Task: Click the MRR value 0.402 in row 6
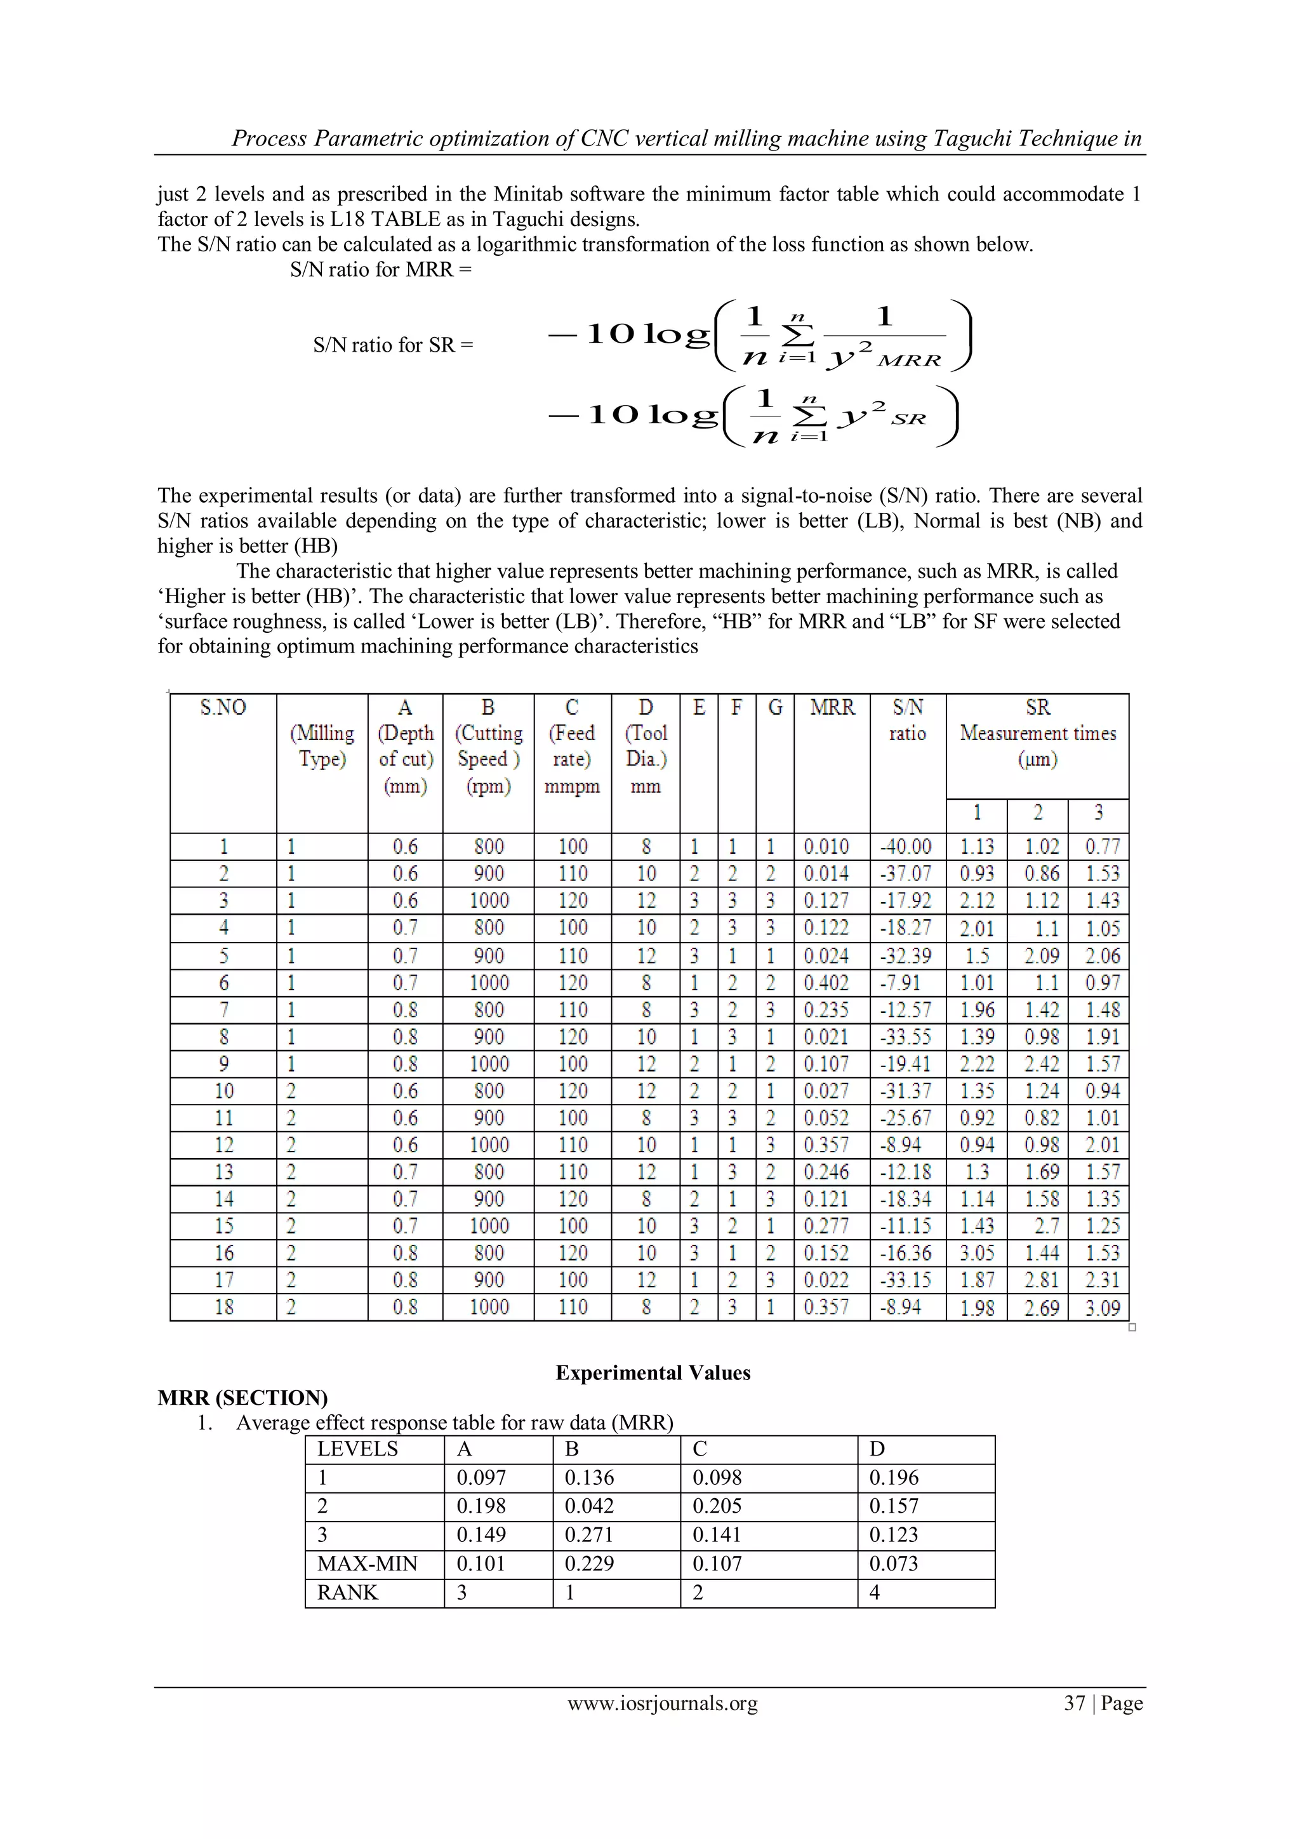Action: [826, 983]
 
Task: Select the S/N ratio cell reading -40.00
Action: [906, 847]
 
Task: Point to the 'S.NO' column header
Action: [223, 707]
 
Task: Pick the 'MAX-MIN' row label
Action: [367, 1563]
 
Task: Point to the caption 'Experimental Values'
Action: [653, 1373]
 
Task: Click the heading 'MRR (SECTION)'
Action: [242, 1398]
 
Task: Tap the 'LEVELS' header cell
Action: [357, 1449]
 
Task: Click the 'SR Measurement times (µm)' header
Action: [1037, 733]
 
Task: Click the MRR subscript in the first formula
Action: [908, 361]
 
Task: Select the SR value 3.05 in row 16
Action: [976, 1254]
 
